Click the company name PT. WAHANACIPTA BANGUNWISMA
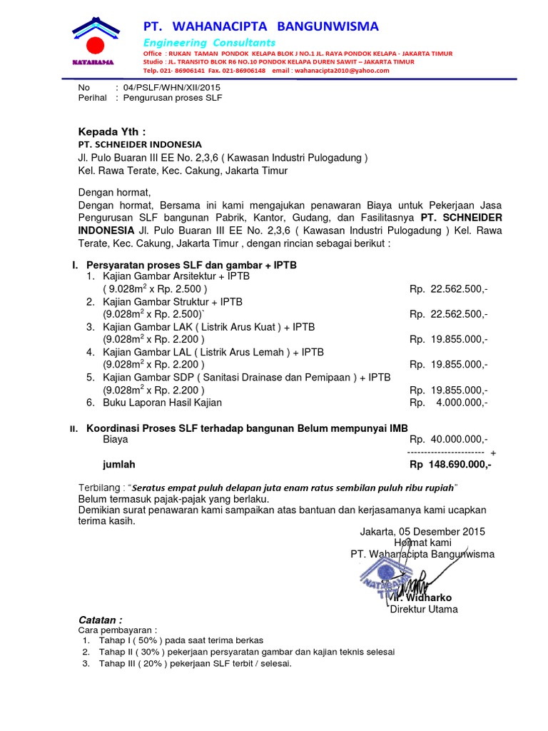point(260,26)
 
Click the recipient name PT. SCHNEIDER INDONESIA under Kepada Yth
point(140,144)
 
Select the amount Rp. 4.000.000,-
point(449,403)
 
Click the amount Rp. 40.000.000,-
point(449,440)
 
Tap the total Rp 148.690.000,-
point(450,465)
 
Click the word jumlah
point(118,465)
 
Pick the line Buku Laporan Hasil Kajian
point(162,403)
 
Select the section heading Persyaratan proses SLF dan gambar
point(191,265)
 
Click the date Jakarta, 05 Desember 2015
point(421,531)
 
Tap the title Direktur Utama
point(423,609)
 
